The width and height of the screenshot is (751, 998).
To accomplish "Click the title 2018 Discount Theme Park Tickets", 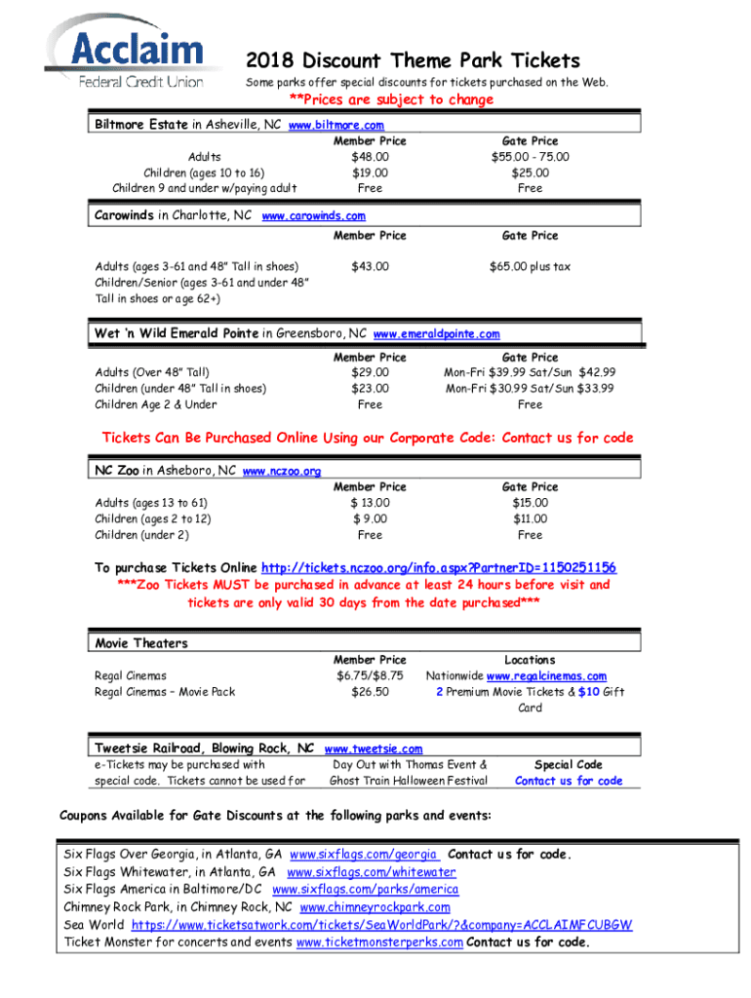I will click(413, 60).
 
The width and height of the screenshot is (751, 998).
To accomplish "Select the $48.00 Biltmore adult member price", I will click(370, 156).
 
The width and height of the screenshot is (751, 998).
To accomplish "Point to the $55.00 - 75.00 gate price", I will click(530, 156).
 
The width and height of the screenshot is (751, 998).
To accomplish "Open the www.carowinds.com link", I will click(313, 216).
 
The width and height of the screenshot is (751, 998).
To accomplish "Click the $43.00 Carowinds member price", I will click(370, 266).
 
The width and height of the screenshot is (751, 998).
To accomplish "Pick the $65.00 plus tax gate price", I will click(530, 266).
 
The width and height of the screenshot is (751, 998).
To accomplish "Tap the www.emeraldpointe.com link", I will click(437, 334).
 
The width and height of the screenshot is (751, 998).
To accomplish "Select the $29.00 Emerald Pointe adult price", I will click(370, 372).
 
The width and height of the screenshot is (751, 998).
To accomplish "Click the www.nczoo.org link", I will click(281, 472).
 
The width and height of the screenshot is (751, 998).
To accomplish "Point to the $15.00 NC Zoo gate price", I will click(530, 503).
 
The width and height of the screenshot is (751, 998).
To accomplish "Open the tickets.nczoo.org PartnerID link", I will click(438, 568).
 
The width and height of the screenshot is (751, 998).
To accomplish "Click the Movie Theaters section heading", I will click(141, 643).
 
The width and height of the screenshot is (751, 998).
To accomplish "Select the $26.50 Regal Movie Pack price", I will click(370, 692).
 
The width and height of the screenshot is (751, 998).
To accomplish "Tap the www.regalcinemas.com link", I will click(546, 676).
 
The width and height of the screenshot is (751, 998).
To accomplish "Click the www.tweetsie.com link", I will click(373, 748).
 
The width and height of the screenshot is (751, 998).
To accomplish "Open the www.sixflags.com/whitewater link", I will click(371, 872).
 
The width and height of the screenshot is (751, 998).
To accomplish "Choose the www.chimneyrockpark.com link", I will click(375, 907).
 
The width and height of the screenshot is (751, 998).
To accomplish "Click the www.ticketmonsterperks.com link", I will click(379, 942).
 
